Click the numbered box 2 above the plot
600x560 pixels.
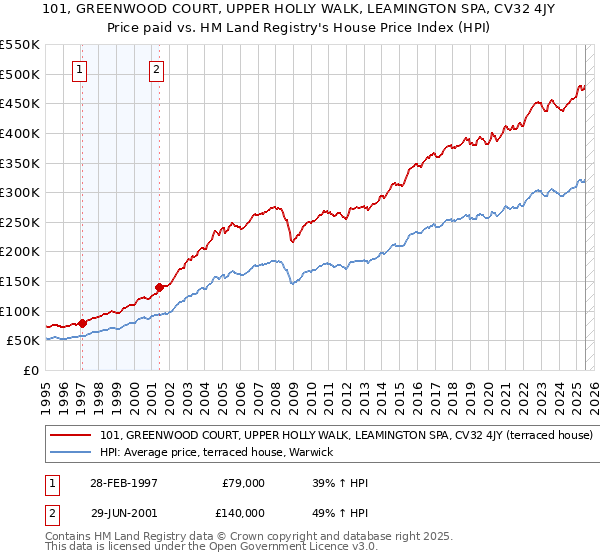pos(158,70)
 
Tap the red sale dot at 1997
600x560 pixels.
pos(81,323)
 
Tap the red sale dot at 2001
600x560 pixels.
pos(159,287)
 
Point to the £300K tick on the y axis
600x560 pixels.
pos(20,192)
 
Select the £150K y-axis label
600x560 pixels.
pos(20,281)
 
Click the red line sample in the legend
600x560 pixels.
pos(71,436)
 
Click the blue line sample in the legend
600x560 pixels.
pos(71,453)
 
